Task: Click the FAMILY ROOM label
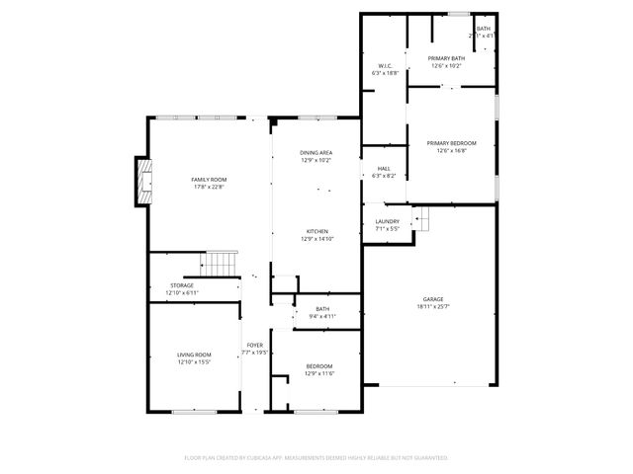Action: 209,179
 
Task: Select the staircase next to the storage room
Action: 222,264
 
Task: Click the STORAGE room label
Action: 181,285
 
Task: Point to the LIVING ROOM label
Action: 194,355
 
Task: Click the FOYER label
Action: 255,346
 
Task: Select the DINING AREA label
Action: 316,153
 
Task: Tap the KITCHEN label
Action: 316,231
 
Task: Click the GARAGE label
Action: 433,298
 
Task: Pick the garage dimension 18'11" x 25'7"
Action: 433,306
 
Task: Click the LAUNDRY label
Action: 387,221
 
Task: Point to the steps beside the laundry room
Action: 421,219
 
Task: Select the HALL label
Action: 384,168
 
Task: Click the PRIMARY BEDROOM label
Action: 452,143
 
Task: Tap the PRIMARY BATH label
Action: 447,59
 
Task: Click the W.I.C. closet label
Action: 385,66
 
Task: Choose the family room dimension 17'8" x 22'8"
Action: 209,187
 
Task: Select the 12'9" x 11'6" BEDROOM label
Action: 318,366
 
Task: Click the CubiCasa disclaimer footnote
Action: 316,457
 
